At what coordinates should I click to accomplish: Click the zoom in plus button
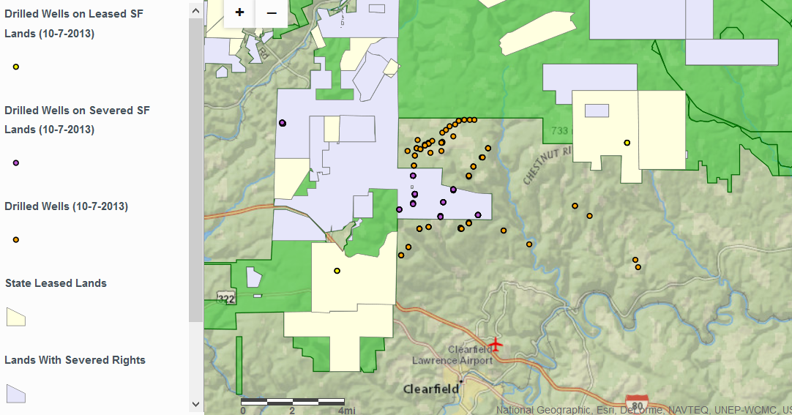239,12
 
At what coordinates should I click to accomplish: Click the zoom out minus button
272,12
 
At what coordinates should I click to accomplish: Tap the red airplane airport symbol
496,343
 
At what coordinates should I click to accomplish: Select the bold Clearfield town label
431,389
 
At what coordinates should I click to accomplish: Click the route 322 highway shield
226,299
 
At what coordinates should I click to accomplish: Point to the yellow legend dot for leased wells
15,67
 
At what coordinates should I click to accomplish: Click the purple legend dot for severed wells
15,162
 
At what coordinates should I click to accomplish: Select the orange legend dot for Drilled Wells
15,239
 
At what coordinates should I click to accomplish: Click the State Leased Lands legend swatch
15,317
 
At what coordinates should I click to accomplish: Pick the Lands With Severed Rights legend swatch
15,394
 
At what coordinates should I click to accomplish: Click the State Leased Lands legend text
56,283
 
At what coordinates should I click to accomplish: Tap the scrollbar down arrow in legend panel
195,403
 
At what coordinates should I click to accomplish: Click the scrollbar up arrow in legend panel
195,10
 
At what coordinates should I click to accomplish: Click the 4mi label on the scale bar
346,411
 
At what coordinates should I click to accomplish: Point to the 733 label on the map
558,130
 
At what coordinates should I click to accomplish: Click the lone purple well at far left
282,123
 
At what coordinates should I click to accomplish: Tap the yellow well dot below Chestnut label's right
627,143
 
